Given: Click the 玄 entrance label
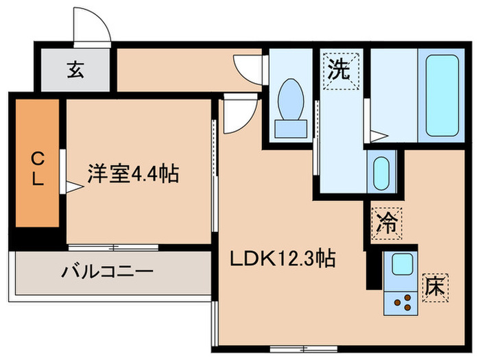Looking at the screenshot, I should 75,70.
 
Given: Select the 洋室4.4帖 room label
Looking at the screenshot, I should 132,174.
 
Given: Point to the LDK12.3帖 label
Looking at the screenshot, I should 282,259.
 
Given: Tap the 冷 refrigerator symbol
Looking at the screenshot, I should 387,222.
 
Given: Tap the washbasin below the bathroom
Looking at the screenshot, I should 381,170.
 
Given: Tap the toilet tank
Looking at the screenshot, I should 290,128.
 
